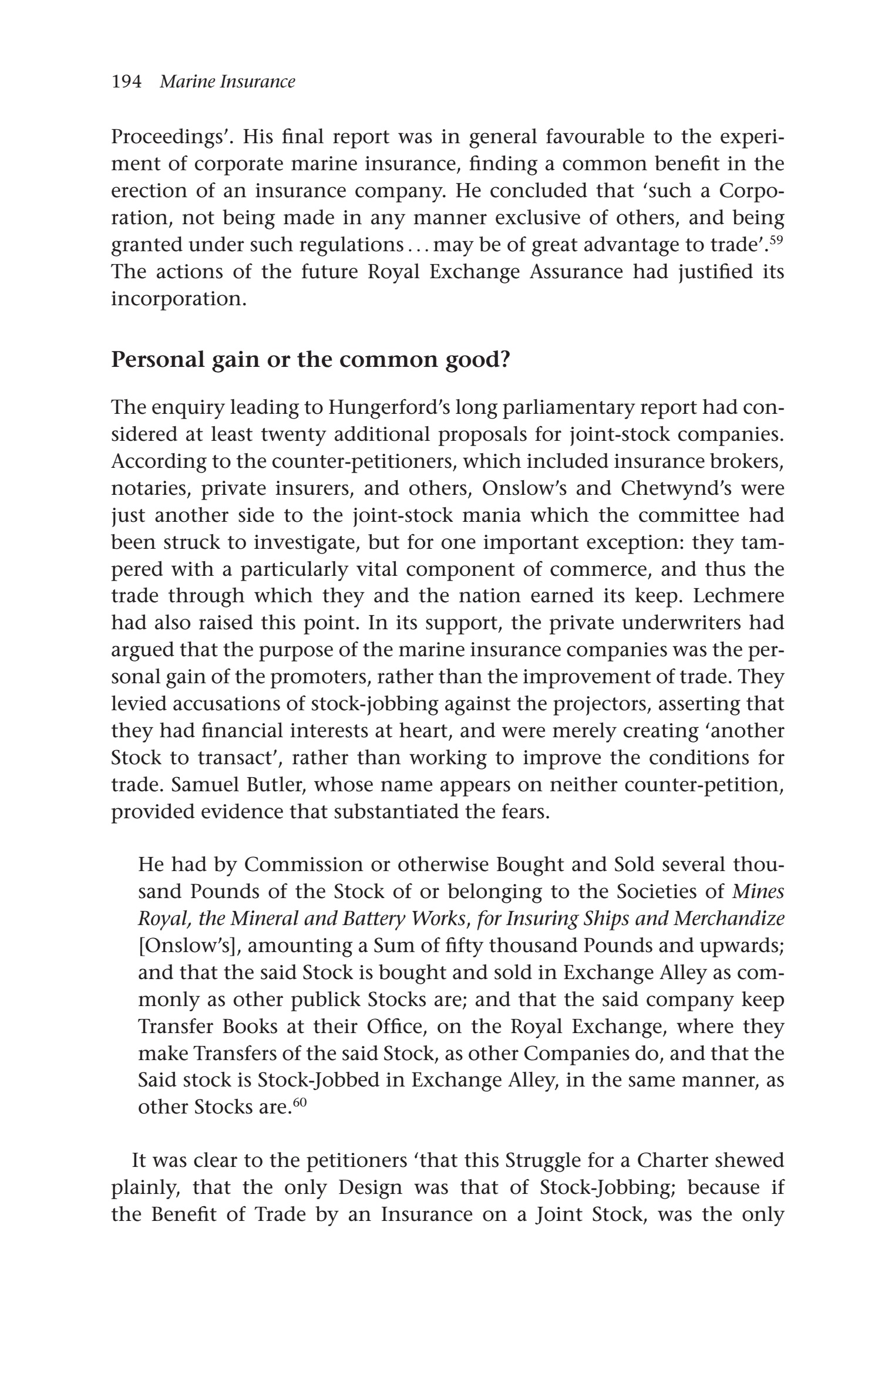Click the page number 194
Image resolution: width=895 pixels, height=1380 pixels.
(126, 82)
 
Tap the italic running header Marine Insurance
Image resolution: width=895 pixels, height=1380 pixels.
(227, 82)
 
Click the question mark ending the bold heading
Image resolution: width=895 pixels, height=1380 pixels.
(503, 359)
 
